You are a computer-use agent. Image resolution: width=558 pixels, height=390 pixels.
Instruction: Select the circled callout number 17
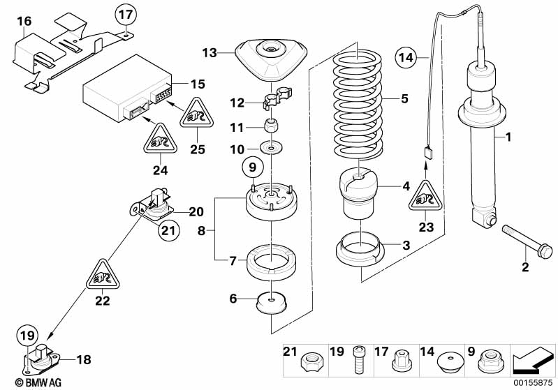coord(124,13)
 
